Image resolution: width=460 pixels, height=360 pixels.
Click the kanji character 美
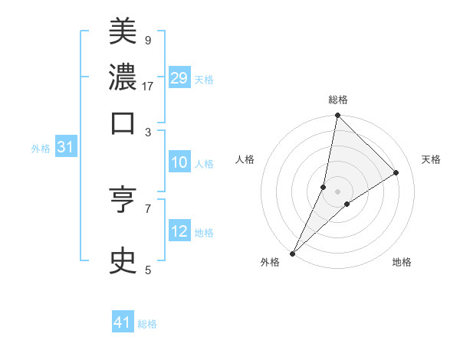coord(123,32)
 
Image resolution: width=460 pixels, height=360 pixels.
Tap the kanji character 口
coord(123,122)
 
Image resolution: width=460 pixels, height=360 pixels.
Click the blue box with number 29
coord(179,79)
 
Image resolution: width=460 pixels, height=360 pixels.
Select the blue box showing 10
coord(179,162)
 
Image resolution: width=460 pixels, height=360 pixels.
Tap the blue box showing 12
coord(179,231)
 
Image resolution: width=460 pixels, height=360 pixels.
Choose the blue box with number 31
coord(65,148)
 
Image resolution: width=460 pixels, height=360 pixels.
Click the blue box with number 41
coord(123,322)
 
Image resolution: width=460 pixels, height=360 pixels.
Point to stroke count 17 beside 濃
coord(148,86)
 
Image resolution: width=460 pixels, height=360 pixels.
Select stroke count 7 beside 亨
coord(147,208)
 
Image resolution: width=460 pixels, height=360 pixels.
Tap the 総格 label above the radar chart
coord(338,100)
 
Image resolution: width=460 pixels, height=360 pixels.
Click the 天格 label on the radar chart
coord(432,159)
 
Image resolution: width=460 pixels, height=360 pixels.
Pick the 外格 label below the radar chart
coord(270,262)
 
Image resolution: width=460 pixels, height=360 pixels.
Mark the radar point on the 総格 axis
coord(337,115)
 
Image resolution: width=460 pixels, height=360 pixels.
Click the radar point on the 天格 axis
coord(396,172)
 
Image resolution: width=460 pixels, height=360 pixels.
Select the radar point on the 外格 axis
coord(292,254)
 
